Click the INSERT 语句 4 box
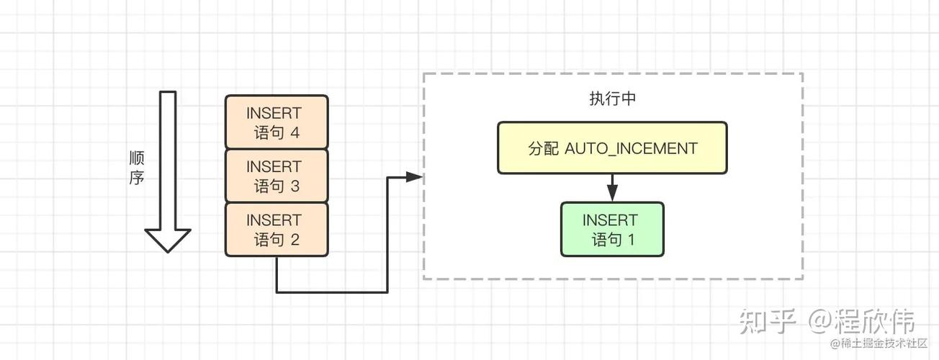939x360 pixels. pyautogui.click(x=277, y=122)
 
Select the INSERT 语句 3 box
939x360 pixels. pyautogui.click(x=277, y=176)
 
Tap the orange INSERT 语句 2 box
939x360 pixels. pyautogui.click(x=277, y=230)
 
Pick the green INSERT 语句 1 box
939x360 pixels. pyautogui.click(x=612, y=229)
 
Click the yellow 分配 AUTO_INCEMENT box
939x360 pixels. pyautogui.click(x=612, y=148)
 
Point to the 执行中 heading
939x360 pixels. pyautogui.click(x=613, y=99)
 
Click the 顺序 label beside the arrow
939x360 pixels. pyautogui.click(x=137, y=168)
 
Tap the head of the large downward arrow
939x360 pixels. pyautogui.click(x=168, y=240)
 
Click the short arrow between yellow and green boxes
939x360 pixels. pyautogui.click(x=613, y=188)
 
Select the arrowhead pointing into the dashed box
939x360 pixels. pyautogui.click(x=414, y=177)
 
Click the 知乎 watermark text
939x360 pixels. pyautogui.click(x=767, y=321)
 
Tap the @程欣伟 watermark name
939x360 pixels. pyautogui.click(x=861, y=321)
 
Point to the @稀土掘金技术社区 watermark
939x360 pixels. pyautogui.click(x=879, y=343)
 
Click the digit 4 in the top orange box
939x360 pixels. pyautogui.click(x=295, y=133)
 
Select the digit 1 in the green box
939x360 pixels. pyautogui.click(x=631, y=240)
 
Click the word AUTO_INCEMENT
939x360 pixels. pyautogui.click(x=632, y=149)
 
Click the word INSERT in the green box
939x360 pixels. pyautogui.click(x=610, y=220)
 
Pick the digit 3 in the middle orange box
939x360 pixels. pyautogui.click(x=295, y=186)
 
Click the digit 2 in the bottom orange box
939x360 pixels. pyautogui.click(x=295, y=240)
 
